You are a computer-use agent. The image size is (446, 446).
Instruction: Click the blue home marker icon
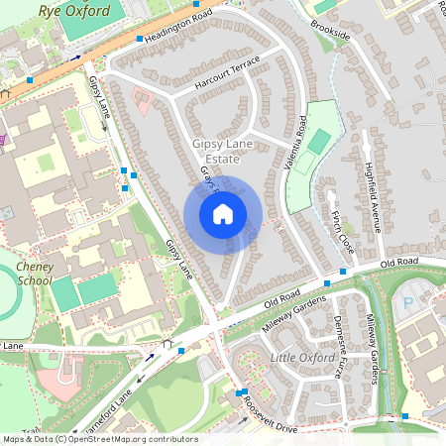(x=223, y=214)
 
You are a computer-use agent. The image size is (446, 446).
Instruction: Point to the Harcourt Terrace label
(x=226, y=76)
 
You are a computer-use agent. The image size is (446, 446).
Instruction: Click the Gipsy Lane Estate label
(x=222, y=152)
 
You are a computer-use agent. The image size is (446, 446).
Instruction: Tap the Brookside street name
(x=330, y=29)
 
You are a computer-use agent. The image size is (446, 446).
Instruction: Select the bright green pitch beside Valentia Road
(x=317, y=141)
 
